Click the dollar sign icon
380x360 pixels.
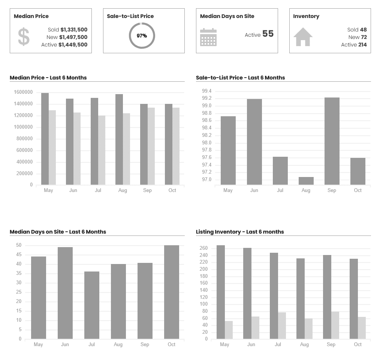[24, 37]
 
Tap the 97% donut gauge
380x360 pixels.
[142, 36]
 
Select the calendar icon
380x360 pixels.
[208, 37]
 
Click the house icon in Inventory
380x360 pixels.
[303, 37]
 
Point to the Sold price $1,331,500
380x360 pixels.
[74, 30]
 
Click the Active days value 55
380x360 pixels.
[268, 34]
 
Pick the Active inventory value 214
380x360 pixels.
[362, 45]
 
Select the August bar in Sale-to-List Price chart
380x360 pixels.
[306, 181]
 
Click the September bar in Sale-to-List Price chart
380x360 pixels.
[332, 141]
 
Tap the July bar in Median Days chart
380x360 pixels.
[92, 305]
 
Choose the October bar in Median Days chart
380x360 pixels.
[172, 292]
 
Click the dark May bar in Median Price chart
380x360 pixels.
[45, 139]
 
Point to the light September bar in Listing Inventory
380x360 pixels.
[335, 325]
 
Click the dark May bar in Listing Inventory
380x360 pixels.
[221, 292]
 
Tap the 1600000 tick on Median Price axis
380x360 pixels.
[23, 92]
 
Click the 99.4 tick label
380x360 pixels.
[206, 91]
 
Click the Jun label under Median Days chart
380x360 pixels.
[65, 344]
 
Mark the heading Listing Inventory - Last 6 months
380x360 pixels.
[240, 232]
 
